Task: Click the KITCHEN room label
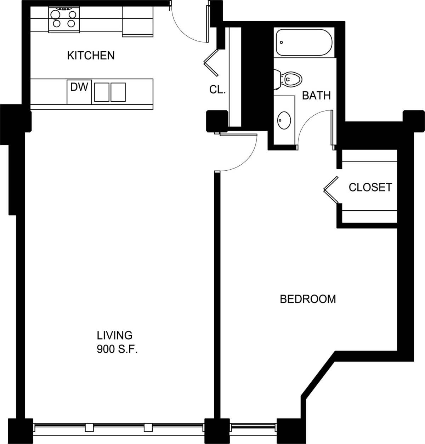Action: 91,56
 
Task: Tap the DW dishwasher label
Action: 79,87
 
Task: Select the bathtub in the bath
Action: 304,42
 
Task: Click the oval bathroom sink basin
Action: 284,120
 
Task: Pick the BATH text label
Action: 316,96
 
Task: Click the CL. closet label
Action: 217,90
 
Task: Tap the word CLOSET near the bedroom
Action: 370,187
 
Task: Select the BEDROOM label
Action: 308,299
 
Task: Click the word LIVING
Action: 114,335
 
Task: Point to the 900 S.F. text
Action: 117,350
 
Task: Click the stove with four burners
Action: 64,19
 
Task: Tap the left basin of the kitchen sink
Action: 102,92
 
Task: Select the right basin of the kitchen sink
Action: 118,92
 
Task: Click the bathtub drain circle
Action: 282,42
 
